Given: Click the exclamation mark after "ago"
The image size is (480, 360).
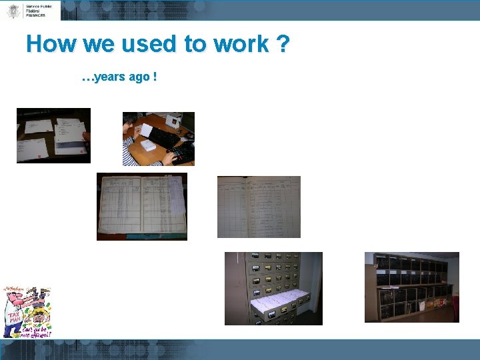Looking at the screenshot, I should (155, 78).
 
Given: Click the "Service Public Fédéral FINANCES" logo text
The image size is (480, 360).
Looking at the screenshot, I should (39, 9).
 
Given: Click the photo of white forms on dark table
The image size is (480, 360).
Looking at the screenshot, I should (53, 135).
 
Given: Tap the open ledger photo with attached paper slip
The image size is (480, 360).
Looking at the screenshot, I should (141, 206).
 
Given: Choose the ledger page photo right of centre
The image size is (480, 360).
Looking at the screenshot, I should (259, 207).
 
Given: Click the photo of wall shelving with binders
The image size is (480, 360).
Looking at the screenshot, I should (411, 287).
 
